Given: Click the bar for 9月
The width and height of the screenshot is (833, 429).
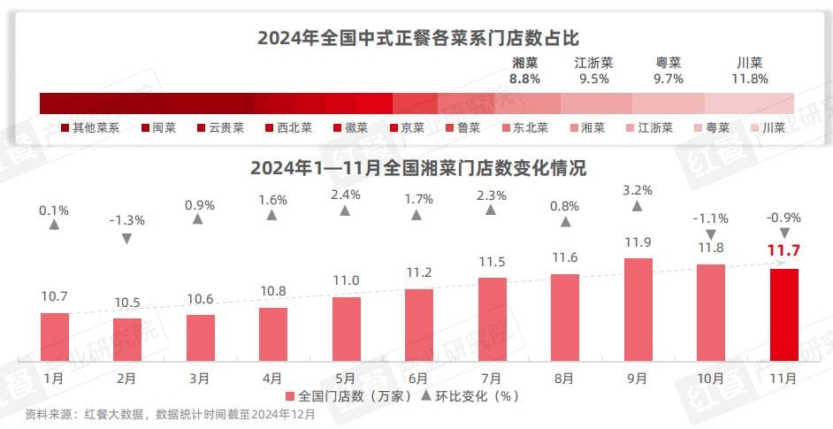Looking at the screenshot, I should [x=638, y=310].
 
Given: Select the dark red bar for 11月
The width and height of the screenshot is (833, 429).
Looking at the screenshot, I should [x=783, y=315].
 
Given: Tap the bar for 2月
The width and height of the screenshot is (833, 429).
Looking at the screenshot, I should [x=126, y=340].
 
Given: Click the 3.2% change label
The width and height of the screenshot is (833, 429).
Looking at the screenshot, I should [x=637, y=189].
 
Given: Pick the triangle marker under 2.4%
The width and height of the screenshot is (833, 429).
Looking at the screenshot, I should [x=345, y=211].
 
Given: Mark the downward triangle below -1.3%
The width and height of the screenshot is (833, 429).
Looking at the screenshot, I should [x=126, y=238].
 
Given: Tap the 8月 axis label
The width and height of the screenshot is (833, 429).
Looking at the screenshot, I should [x=564, y=379].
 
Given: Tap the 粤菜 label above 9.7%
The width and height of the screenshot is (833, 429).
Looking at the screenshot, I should [x=668, y=63].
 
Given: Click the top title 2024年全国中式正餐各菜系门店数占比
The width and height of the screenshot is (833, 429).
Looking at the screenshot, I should [x=417, y=38].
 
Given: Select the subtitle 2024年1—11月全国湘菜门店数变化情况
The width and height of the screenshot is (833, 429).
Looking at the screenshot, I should [x=417, y=167].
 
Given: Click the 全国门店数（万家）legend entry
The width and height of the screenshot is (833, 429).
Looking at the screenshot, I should [x=349, y=395].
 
